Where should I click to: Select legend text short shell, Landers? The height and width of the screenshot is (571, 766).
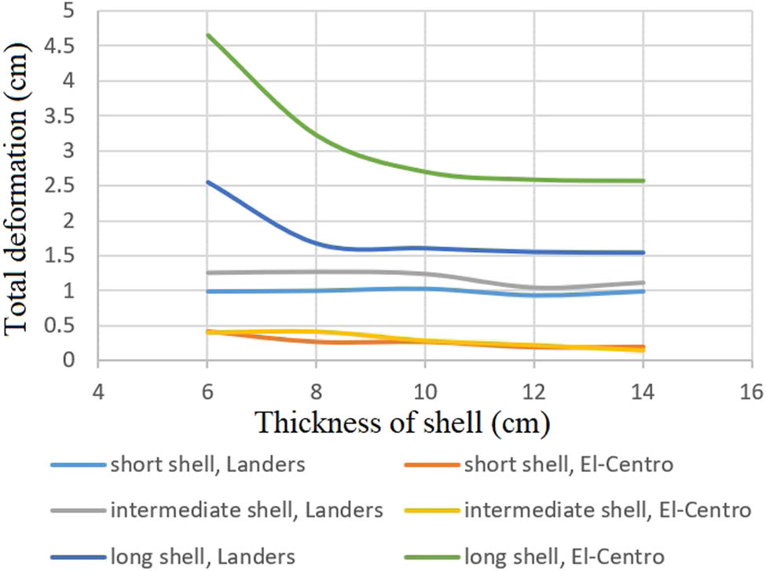pyautogui.click(x=207, y=466)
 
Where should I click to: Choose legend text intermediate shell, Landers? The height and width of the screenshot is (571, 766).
pyautogui.click(x=246, y=511)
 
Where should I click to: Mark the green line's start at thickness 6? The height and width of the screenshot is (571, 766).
pyautogui.click(x=207, y=35)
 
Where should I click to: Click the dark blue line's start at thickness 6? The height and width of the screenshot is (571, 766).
pyautogui.click(x=207, y=182)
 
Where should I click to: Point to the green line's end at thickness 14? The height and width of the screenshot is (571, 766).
pyautogui.click(x=643, y=181)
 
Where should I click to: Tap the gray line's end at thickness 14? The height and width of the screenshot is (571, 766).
pyautogui.click(x=643, y=283)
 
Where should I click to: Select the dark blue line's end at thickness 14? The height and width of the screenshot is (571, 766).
pyautogui.click(x=643, y=252)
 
